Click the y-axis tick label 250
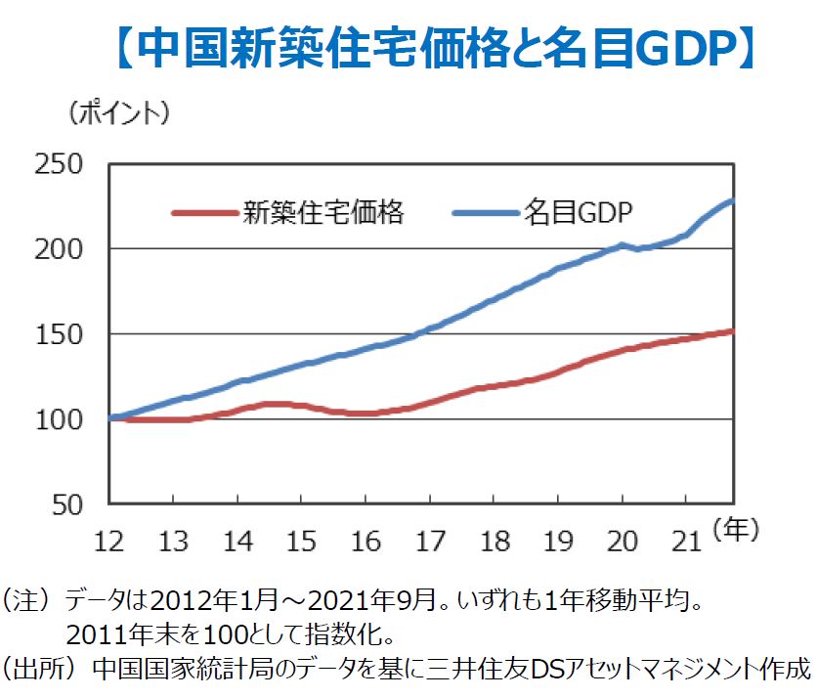click(x=60, y=164)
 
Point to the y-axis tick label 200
click(x=60, y=249)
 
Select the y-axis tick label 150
click(x=60, y=334)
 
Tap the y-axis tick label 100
click(x=60, y=419)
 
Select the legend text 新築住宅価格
click(x=323, y=211)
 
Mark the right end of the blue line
click(x=732, y=201)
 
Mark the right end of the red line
click(x=732, y=331)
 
